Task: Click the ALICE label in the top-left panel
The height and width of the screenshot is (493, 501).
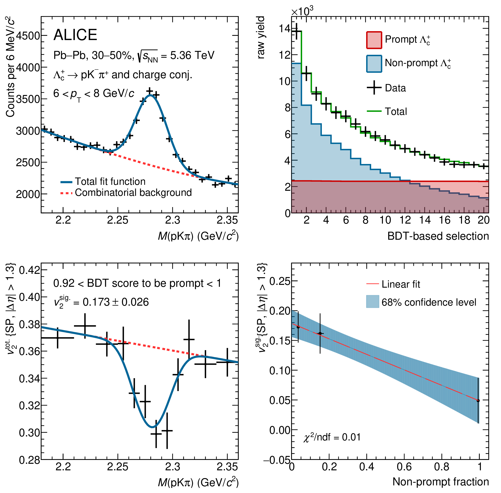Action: pyautogui.click(x=75, y=35)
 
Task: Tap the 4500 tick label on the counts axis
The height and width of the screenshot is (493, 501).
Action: pyautogui.click(x=28, y=36)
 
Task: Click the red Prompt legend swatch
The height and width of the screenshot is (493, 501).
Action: pyautogui.click(x=374, y=40)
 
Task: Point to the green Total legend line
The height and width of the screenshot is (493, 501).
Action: pyautogui.click(x=374, y=111)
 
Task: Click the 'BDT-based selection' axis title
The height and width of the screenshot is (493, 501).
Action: pyautogui.click(x=438, y=236)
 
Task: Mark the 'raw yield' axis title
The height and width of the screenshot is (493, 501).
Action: pyautogui.click(x=261, y=38)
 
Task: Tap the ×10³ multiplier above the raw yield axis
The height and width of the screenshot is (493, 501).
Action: pyautogui.click(x=302, y=11)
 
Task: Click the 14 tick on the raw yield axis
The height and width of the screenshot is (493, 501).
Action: pyautogui.click(x=285, y=28)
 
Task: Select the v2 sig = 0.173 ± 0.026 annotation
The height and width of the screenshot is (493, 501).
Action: pyautogui.click(x=101, y=302)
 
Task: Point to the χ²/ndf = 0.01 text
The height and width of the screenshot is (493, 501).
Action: pyautogui.click(x=332, y=437)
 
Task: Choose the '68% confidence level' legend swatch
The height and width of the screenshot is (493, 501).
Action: pyautogui.click(x=373, y=302)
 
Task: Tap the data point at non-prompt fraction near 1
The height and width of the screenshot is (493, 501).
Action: pyautogui.click(x=478, y=401)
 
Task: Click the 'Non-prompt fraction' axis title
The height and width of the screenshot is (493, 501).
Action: pyautogui.click(x=440, y=482)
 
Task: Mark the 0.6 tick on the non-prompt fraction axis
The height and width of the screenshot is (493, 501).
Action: pyautogui.click(x=404, y=467)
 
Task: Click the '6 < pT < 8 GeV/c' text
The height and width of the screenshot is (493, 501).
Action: pyautogui.click(x=94, y=94)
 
